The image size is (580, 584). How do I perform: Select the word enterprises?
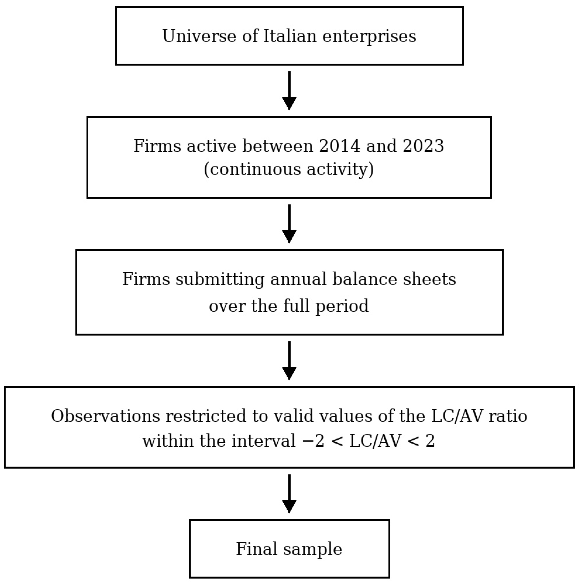click(369, 36)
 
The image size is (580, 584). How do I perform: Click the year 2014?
click(340, 146)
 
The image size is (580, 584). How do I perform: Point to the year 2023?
click(423, 146)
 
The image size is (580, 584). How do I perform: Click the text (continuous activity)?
click(289, 169)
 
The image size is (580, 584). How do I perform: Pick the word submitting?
click(220, 279)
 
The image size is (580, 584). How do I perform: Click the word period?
click(342, 307)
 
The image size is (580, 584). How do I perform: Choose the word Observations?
click(105, 416)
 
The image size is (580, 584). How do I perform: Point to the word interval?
click(263, 441)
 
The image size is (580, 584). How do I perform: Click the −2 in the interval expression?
click(313, 441)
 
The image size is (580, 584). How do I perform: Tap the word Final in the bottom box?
click(257, 549)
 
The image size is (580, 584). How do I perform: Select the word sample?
click(312, 549)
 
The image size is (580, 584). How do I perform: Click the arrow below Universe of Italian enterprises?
click(289, 91)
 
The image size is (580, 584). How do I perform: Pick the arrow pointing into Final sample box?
click(289, 494)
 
